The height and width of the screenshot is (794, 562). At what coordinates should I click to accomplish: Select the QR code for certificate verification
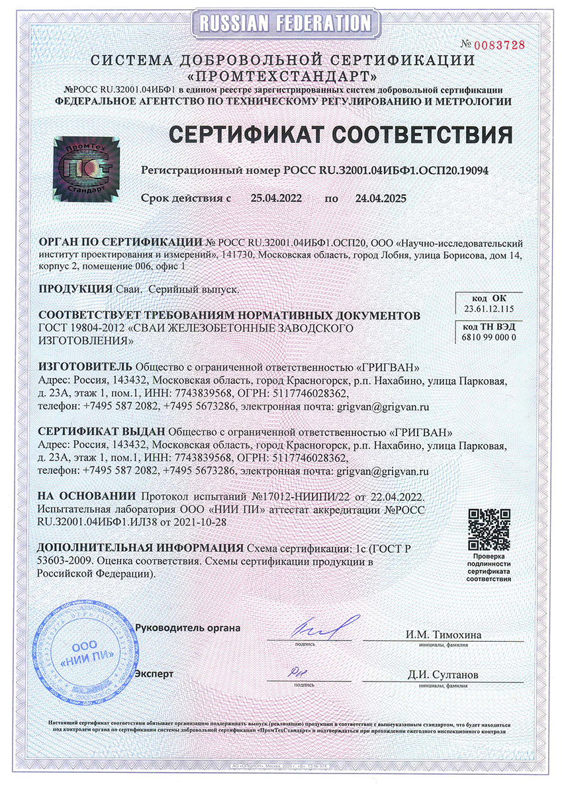point(488,529)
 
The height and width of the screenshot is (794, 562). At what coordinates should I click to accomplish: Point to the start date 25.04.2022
point(275,197)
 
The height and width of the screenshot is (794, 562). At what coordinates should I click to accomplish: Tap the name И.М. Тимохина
point(444,635)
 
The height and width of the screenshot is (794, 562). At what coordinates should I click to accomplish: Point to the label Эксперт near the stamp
point(154,674)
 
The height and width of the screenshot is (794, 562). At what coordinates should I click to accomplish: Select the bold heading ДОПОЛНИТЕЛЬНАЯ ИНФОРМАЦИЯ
point(140,549)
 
